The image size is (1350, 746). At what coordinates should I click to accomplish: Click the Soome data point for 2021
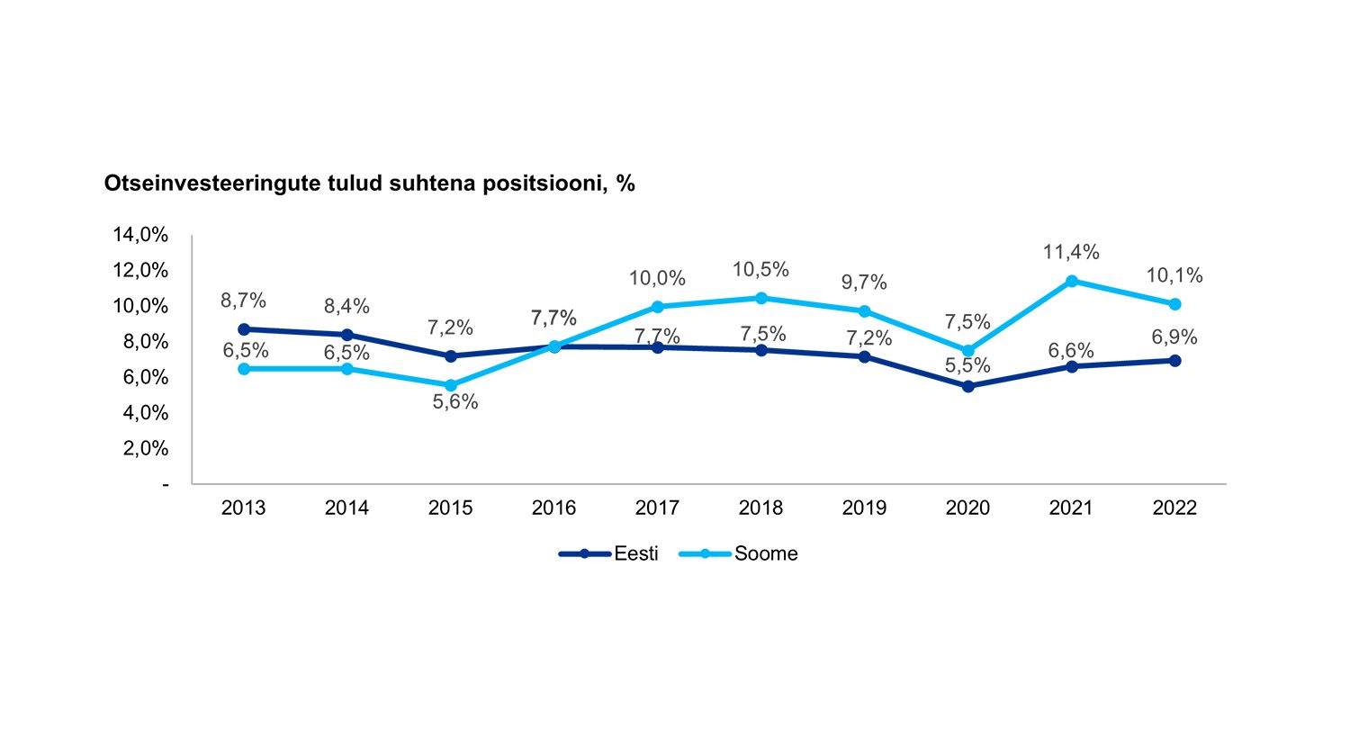click(x=1072, y=282)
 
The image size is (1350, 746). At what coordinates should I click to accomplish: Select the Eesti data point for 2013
click(x=243, y=329)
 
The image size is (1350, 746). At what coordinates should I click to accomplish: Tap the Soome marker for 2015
click(x=451, y=385)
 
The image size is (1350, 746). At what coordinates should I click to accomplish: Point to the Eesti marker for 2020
click(x=968, y=386)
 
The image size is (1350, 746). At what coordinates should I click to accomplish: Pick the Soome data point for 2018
click(x=761, y=298)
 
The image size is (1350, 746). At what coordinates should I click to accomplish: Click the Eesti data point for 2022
click(x=1175, y=360)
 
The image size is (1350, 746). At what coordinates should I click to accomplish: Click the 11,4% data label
click(x=1071, y=252)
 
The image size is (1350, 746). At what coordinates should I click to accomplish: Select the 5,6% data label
click(x=455, y=402)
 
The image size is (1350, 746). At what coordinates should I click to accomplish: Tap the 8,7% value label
click(x=243, y=301)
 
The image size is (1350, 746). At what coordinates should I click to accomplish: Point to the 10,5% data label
click(x=760, y=269)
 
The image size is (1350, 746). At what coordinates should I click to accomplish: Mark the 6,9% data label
click(x=1174, y=337)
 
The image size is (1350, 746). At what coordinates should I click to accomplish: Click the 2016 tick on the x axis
click(x=553, y=508)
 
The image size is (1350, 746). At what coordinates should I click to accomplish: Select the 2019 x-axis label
click(x=864, y=508)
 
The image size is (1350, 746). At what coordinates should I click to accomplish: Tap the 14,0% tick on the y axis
click(x=140, y=235)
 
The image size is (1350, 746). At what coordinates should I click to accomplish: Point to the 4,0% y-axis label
click(x=144, y=413)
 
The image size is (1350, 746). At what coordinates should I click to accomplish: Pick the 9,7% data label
click(x=864, y=283)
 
